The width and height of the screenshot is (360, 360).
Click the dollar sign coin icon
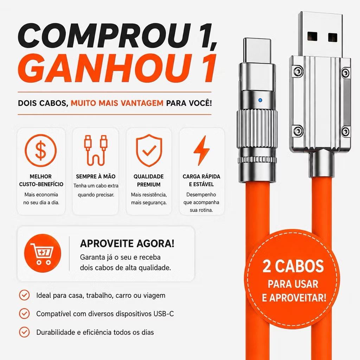(41, 150)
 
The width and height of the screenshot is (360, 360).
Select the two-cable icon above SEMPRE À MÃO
(96, 150)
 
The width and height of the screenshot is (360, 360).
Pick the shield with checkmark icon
(149, 150)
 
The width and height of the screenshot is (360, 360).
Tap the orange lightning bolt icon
(201, 150)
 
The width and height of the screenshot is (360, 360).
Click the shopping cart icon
(43, 253)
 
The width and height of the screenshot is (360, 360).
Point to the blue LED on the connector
(260, 100)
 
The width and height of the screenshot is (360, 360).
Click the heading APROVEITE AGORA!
(127, 243)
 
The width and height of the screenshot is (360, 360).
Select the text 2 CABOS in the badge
(293, 266)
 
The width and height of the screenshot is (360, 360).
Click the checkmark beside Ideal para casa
(24, 295)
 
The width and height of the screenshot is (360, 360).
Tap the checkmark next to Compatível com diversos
(24, 314)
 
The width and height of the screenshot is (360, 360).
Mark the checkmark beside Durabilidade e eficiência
(24, 332)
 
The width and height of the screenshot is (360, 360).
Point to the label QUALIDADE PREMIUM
(149, 180)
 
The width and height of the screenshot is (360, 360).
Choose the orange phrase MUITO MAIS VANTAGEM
(117, 103)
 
